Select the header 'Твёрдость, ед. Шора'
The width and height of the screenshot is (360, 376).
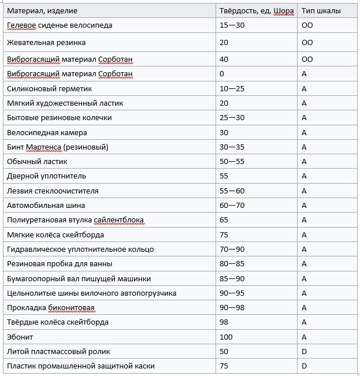tap(257, 11)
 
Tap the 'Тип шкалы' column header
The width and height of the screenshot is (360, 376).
tap(321, 11)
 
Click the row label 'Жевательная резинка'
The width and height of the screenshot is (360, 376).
tap(46, 42)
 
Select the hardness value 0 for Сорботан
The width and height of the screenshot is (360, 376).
tap(222, 74)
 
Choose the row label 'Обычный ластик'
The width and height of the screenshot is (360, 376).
tap(38, 162)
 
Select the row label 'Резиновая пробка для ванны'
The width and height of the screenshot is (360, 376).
tap(59, 264)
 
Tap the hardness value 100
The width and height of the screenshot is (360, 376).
tap(226, 337)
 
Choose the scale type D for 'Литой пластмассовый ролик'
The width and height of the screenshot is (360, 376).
tap(304, 351)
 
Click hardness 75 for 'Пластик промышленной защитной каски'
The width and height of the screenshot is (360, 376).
tap(224, 366)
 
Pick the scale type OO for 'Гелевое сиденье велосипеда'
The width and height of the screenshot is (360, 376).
tap(307, 25)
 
